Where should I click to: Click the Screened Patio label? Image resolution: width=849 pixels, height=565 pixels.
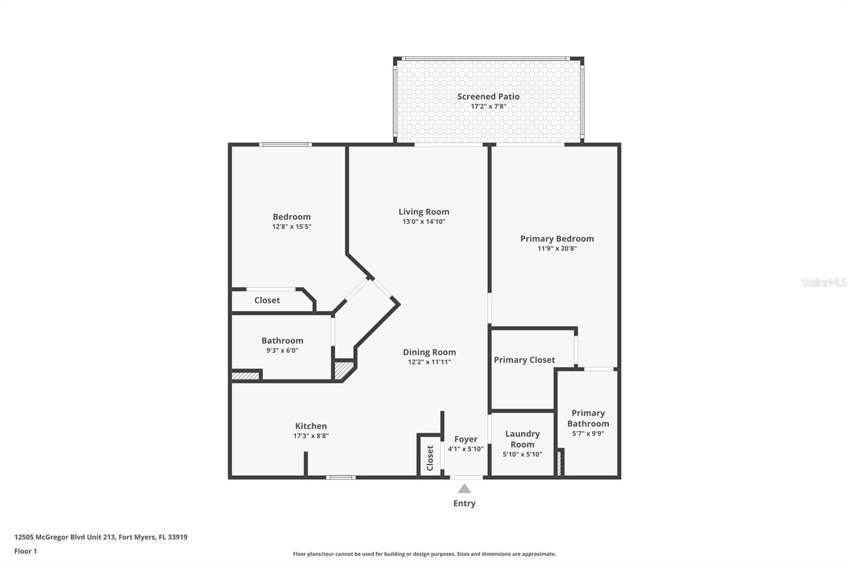(x=488, y=96)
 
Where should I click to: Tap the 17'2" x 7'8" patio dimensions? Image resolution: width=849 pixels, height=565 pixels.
(x=488, y=107)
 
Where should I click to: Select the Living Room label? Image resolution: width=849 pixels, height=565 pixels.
(x=423, y=211)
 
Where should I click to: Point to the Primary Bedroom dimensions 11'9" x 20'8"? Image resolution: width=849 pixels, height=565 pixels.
(x=557, y=248)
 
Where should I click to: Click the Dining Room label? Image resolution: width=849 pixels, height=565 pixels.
(x=429, y=352)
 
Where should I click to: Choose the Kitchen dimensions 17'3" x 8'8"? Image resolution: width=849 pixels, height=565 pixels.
(x=311, y=436)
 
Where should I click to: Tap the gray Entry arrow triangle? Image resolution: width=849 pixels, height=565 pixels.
(x=464, y=489)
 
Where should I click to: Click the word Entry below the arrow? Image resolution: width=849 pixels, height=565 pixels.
(x=464, y=504)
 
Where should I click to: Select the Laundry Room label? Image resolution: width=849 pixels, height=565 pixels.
(x=522, y=439)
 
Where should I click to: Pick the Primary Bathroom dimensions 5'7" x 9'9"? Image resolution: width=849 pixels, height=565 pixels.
(x=588, y=434)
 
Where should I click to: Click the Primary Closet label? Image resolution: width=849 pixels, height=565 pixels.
(x=524, y=360)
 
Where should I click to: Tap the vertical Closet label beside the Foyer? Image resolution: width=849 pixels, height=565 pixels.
(x=430, y=457)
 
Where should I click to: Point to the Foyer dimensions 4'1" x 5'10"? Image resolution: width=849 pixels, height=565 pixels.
(x=465, y=449)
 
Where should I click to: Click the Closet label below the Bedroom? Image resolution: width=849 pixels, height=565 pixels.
(x=267, y=300)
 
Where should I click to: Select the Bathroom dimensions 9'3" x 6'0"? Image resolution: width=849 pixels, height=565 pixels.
(x=282, y=350)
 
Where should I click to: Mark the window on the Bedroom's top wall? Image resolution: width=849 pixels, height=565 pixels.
(x=285, y=144)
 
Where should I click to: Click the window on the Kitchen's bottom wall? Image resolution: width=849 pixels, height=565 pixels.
(x=341, y=477)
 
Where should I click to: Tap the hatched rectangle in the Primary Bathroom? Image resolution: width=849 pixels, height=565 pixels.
(x=559, y=462)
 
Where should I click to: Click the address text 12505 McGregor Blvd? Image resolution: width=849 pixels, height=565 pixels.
(x=101, y=537)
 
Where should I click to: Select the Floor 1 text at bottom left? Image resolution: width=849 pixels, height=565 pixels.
(x=25, y=551)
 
